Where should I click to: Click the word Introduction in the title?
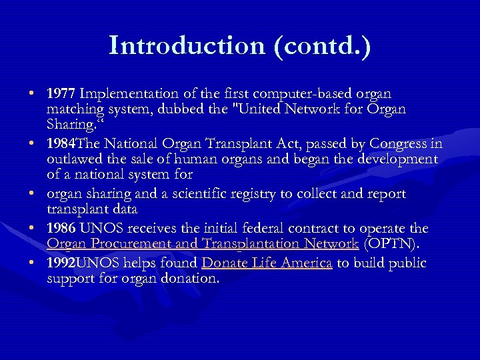coord(185,45)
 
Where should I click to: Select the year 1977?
coord(62,93)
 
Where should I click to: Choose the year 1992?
coord(62,263)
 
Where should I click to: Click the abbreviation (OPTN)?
coord(396,244)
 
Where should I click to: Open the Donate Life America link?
coord(267,263)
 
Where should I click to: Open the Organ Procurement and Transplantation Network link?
coord(203,244)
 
